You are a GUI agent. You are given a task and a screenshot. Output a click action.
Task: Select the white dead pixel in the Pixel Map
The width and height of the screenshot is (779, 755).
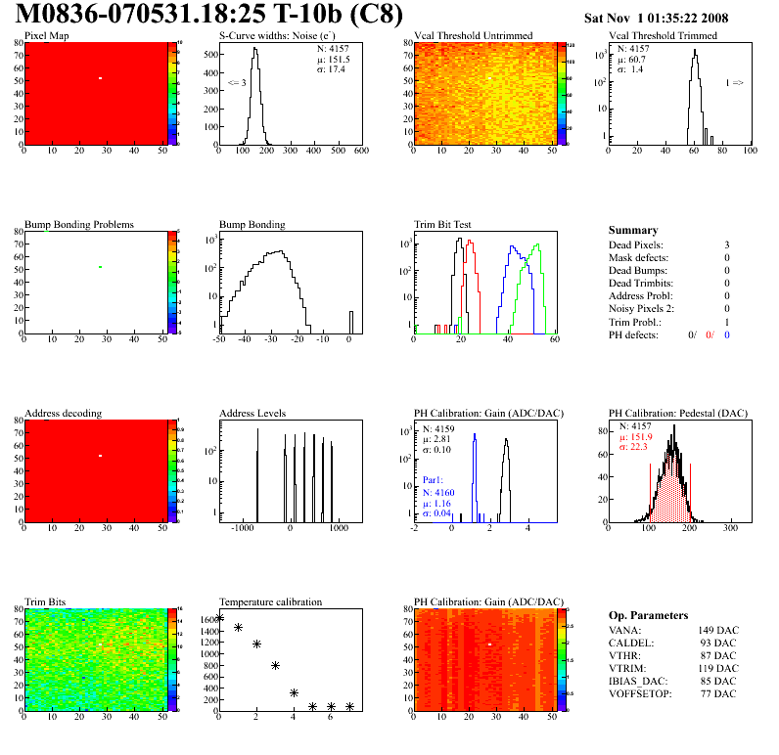100,77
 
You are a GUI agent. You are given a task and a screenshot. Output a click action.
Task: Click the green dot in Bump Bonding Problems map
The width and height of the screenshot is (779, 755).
100,266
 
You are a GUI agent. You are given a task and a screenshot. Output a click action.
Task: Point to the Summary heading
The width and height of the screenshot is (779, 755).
633,230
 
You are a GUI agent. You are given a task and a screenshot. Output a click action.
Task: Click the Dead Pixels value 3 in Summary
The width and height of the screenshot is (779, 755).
727,244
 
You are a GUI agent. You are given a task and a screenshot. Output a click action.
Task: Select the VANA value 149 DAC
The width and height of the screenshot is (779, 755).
717,630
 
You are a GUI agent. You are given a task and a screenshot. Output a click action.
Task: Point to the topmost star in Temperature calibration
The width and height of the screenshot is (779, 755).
219,618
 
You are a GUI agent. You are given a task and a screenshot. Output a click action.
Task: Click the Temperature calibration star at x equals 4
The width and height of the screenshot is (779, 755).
294,692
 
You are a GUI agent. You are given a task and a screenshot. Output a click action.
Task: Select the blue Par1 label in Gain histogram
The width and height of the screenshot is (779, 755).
433,481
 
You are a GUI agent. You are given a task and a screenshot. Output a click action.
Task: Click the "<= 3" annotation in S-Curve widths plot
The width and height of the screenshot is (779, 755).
237,83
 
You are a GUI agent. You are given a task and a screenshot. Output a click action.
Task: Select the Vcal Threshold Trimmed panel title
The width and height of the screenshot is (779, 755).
663,35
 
